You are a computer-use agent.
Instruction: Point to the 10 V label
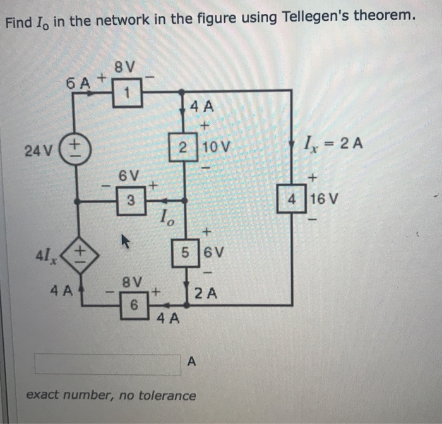pos(217,148)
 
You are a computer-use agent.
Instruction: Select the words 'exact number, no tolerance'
pos(110,396)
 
